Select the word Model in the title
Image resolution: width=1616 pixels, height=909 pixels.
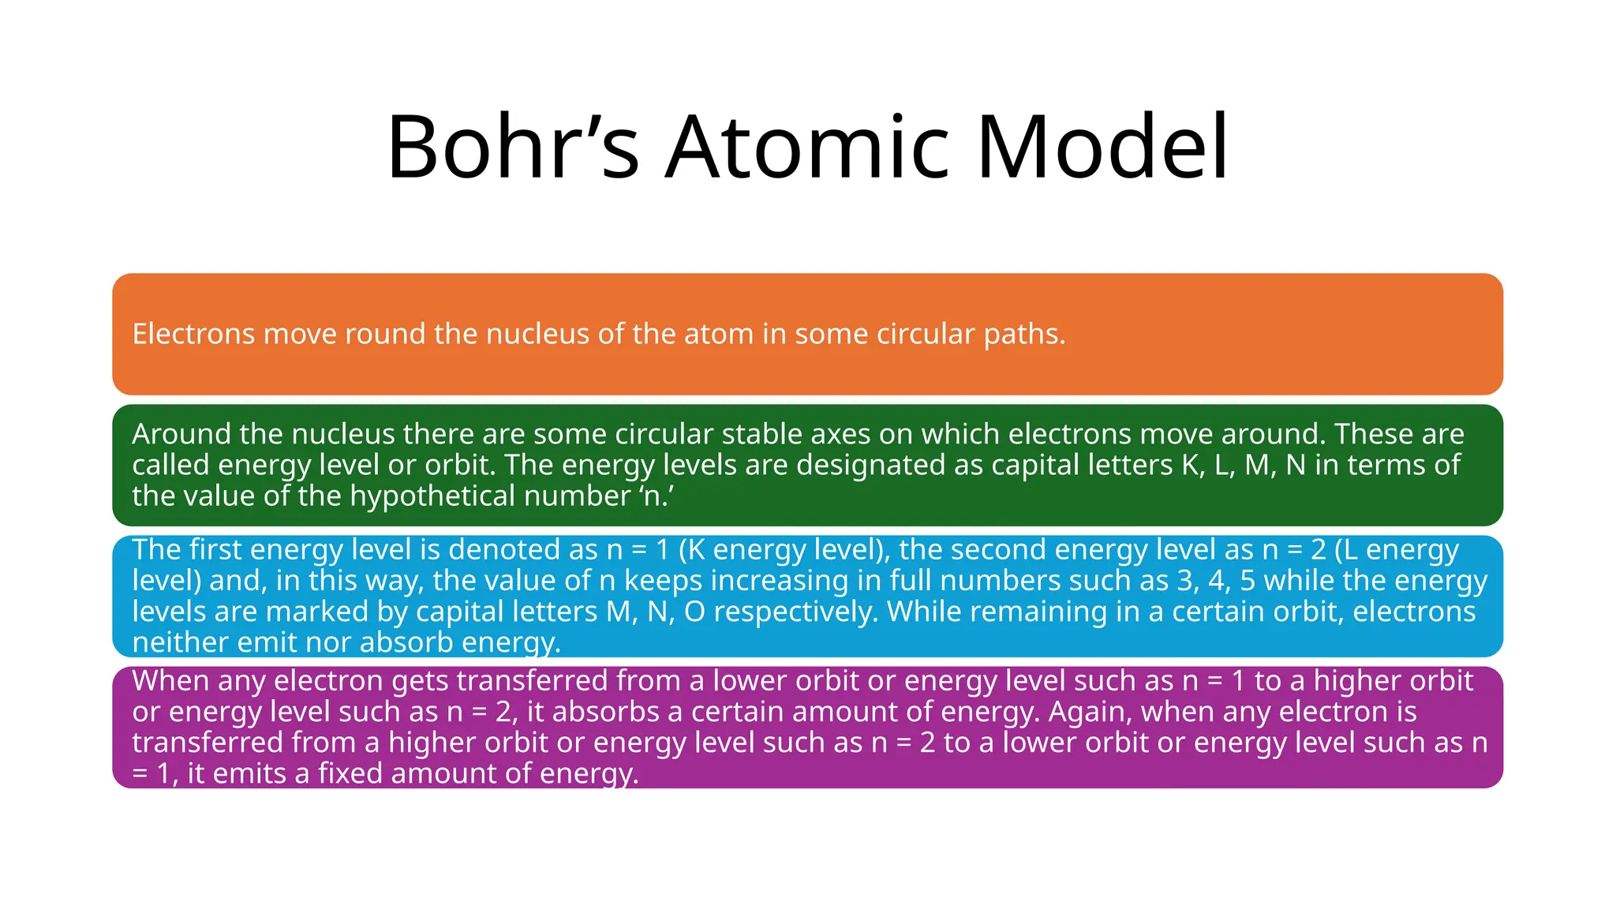coord(1102,148)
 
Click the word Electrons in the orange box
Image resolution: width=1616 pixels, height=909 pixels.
coord(194,334)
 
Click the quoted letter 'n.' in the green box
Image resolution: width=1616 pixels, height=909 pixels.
coord(656,496)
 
